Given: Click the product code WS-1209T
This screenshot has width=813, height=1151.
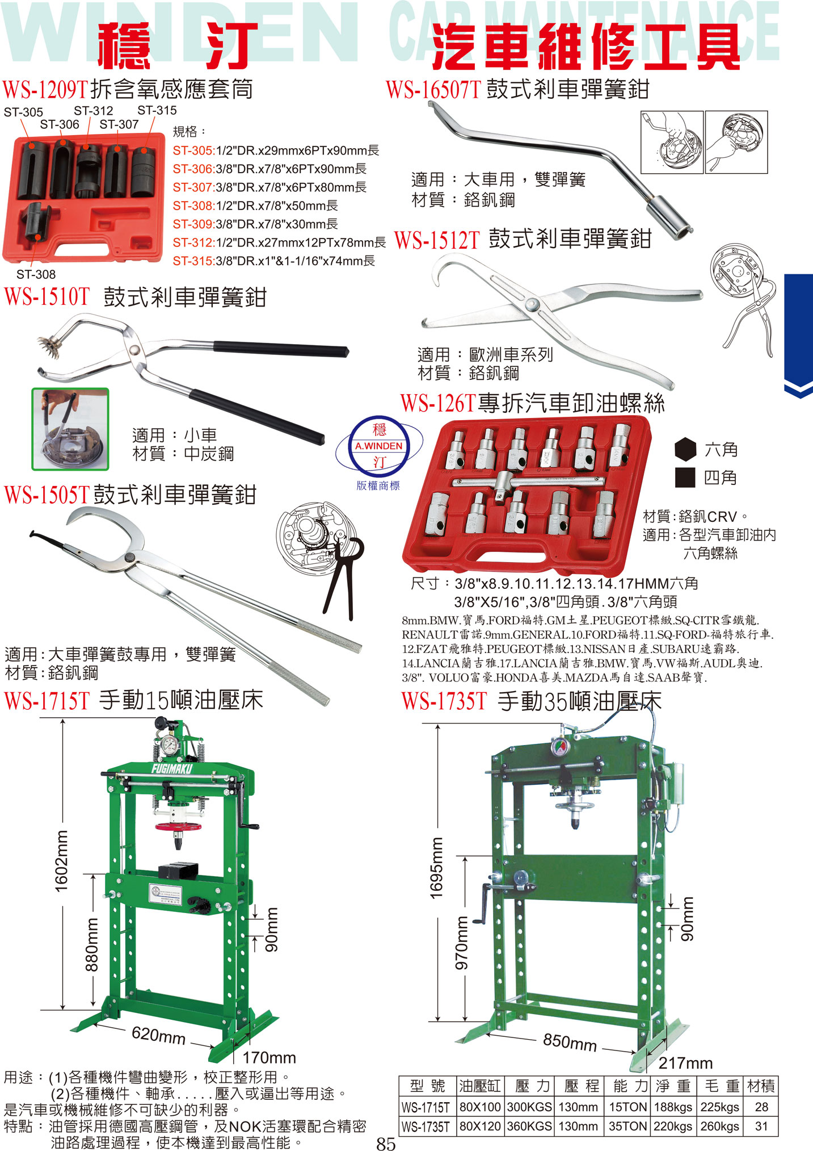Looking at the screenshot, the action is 45,89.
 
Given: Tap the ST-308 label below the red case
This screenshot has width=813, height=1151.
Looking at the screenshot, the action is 36,274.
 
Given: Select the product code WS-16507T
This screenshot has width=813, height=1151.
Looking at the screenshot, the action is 433,89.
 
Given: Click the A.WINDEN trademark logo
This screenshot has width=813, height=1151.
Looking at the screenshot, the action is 379,446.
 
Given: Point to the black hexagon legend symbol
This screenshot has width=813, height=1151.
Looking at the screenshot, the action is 685,449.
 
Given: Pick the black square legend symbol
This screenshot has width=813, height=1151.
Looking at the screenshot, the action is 685,478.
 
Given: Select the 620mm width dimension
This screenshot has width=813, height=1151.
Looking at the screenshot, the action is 159,1035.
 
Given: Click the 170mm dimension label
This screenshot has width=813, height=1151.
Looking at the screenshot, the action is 269,1058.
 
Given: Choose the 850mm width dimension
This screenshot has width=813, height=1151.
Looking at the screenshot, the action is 570,1042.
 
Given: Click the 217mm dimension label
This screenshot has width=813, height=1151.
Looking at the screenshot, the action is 685,1063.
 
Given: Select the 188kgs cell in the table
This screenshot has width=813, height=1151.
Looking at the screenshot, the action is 673,1107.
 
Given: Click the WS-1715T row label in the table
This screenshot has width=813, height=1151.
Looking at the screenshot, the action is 426,1107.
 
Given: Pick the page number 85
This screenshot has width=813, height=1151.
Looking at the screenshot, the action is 386,1143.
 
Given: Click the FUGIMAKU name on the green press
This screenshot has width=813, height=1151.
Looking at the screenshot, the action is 172,769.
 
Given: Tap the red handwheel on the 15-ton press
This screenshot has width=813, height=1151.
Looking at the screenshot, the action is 178,826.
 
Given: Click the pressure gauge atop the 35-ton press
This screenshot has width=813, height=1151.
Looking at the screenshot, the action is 561,747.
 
